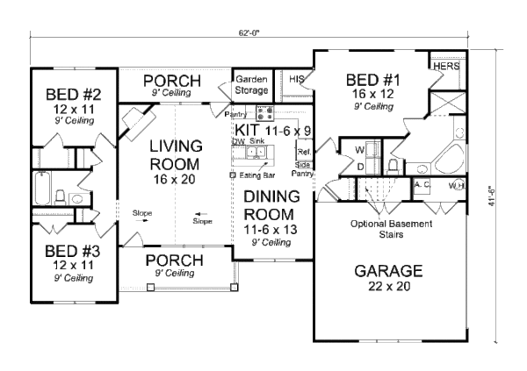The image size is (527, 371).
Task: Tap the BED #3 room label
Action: point(66,248)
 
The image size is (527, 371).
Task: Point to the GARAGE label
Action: point(388,270)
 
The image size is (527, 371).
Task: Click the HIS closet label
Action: point(296,80)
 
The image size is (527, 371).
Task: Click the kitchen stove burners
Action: point(266,111)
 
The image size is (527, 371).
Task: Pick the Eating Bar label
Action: point(254,175)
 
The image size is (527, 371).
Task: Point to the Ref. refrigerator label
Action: point(303,151)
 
